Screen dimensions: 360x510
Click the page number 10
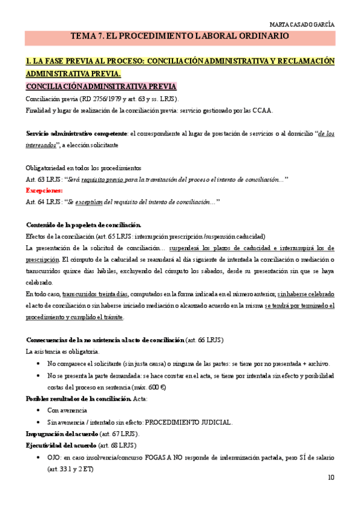[331, 478]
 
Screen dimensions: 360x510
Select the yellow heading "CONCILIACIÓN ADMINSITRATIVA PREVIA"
[101, 87]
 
